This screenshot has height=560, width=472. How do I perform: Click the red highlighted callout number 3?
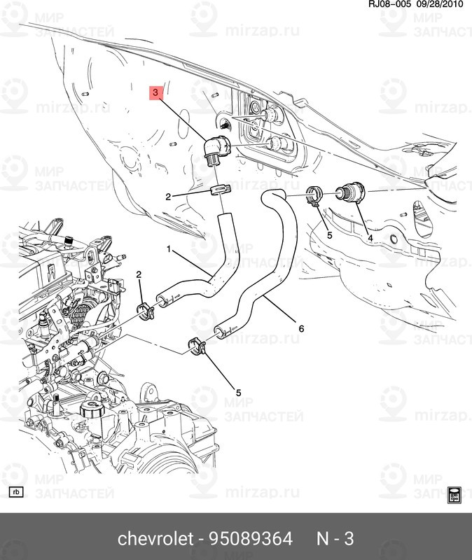[x=156, y=92]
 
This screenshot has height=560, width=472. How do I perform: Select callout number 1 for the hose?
[x=168, y=248]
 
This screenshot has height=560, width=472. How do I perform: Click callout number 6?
[x=302, y=328]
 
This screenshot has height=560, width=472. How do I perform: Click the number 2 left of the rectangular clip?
[x=168, y=197]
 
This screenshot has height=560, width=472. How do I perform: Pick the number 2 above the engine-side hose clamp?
[x=139, y=274]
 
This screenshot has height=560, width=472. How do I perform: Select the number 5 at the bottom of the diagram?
[x=238, y=393]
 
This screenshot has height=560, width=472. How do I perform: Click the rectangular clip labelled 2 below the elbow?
[x=218, y=191]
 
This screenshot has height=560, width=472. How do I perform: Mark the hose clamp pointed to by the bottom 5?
[x=196, y=344]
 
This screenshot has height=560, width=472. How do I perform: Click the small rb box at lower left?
[x=16, y=492]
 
